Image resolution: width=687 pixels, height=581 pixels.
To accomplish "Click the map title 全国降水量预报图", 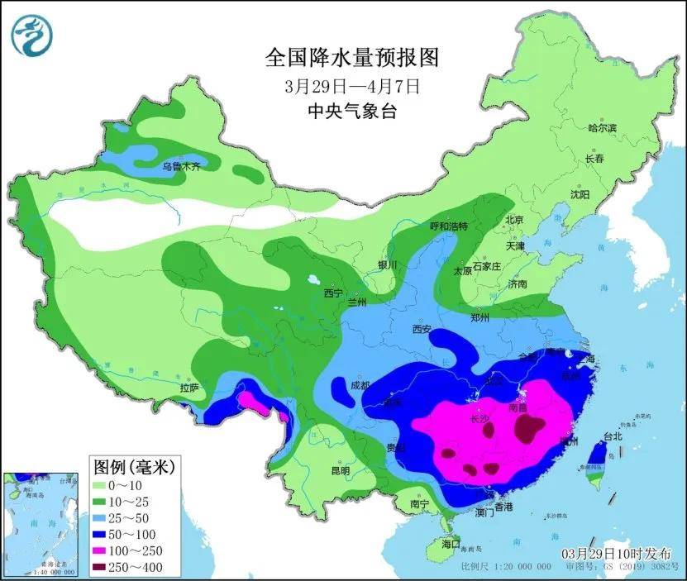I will click(x=351, y=59).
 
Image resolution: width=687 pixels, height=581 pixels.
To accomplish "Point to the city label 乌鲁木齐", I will click(x=181, y=166).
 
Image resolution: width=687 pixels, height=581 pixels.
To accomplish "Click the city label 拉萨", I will click(x=188, y=387).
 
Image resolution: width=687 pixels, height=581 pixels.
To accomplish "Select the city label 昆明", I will click(x=340, y=471).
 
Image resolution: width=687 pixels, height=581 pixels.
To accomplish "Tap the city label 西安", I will click(x=422, y=330).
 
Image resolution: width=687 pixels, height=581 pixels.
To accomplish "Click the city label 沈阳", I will click(x=580, y=195).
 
